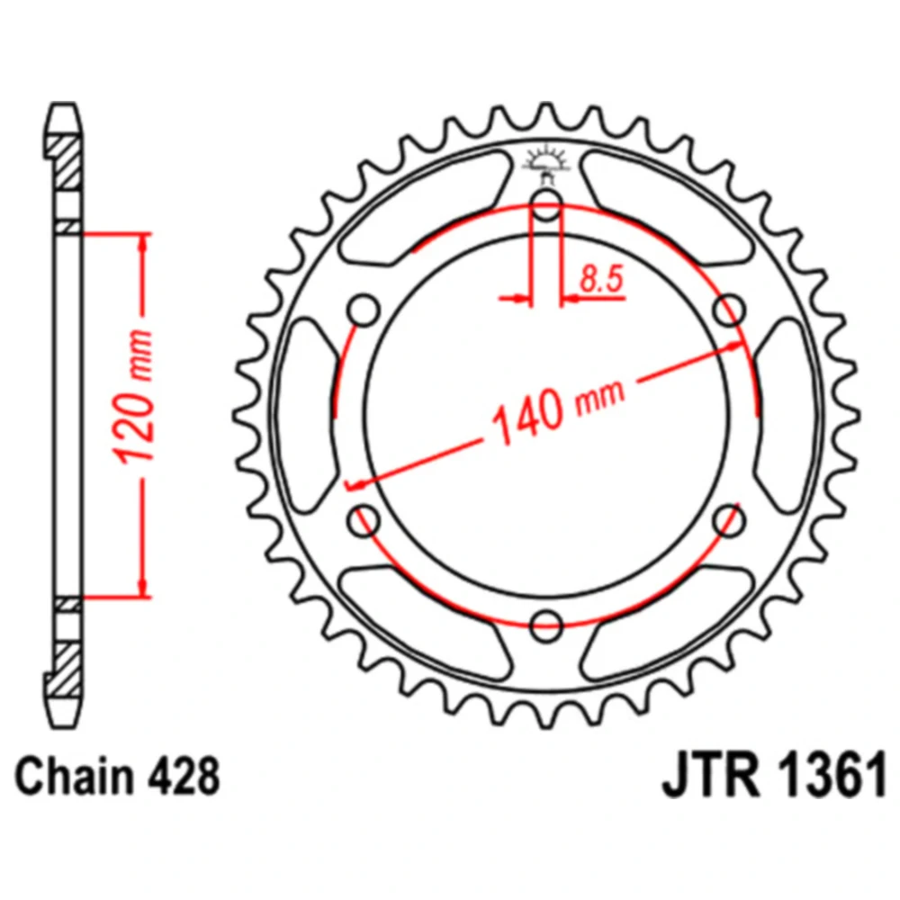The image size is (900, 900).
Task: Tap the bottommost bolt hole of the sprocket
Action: (546, 624)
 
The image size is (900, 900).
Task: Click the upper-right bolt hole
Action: (728, 311)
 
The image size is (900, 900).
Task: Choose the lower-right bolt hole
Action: (728, 519)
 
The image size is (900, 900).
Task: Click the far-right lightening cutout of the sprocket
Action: (788, 414)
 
